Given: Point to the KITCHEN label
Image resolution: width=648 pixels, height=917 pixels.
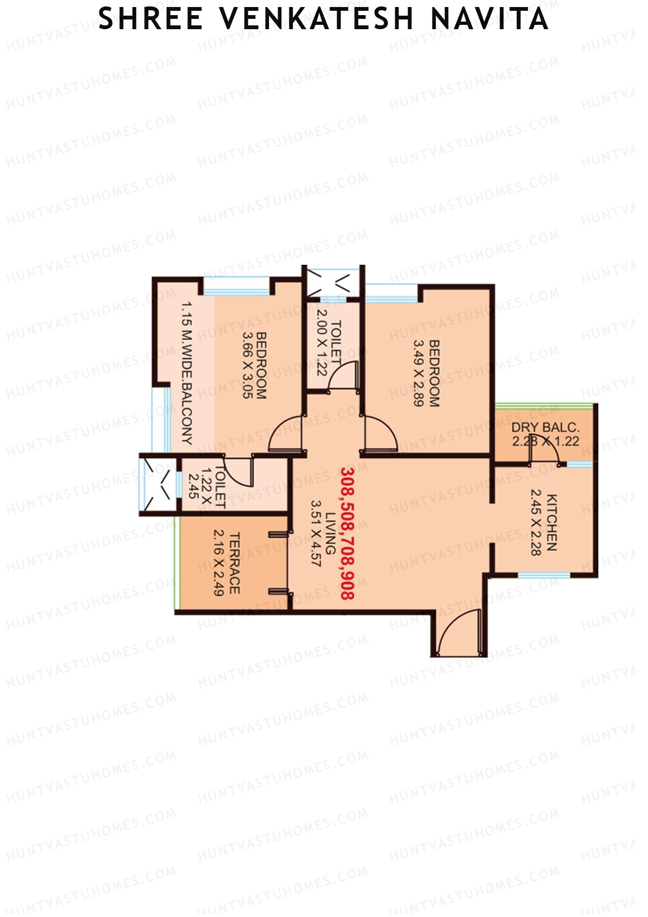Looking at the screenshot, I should click(551, 522).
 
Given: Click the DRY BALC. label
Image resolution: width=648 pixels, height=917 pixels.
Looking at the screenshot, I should click(545, 427).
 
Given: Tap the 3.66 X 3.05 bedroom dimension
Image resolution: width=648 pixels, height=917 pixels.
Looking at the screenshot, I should click(248, 365).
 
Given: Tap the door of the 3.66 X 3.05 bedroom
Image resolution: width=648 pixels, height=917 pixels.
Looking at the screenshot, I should click(286, 433).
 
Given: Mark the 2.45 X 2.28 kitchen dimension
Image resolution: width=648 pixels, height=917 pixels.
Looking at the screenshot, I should click(536, 522).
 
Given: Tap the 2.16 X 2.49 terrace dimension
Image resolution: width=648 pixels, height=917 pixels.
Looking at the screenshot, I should click(219, 563).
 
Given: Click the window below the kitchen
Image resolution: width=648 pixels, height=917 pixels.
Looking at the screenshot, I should click(544, 575).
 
